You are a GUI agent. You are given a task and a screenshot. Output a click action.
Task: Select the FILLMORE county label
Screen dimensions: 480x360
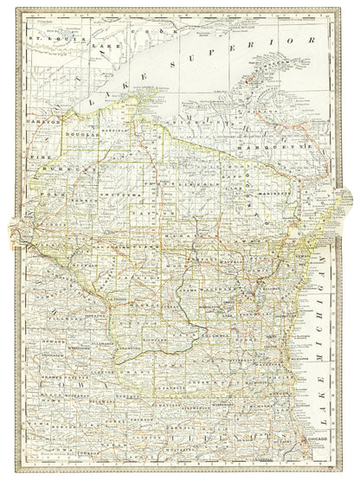point(57,320)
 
